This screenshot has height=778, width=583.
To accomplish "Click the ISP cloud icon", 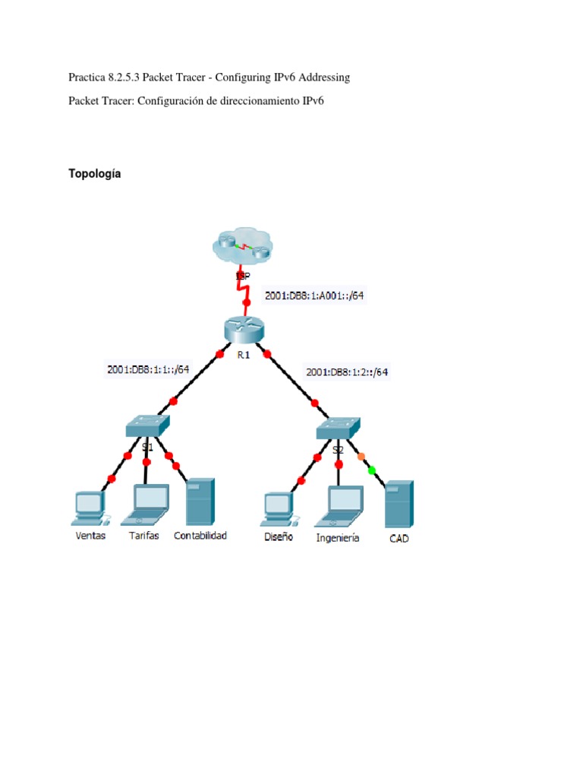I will click(x=241, y=247).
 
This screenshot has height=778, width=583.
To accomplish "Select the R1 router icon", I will click(x=243, y=330).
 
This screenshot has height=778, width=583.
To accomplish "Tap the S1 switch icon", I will click(x=147, y=426).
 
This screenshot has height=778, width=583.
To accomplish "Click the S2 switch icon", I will click(x=338, y=428).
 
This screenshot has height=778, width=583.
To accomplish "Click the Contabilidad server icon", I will click(x=200, y=501).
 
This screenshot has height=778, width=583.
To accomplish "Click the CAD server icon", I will click(x=399, y=504).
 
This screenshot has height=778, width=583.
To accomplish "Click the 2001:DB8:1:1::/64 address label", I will click(x=148, y=369).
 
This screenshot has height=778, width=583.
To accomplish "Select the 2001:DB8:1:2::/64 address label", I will click(x=348, y=372).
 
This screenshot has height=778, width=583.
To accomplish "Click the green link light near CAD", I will click(x=371, y=471).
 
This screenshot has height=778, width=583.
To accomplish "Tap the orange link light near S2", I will click(x=361, y=457).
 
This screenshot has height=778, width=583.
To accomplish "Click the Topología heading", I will click(x=94, y=174).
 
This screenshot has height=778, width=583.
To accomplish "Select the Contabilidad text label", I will click(x=200, y=536).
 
